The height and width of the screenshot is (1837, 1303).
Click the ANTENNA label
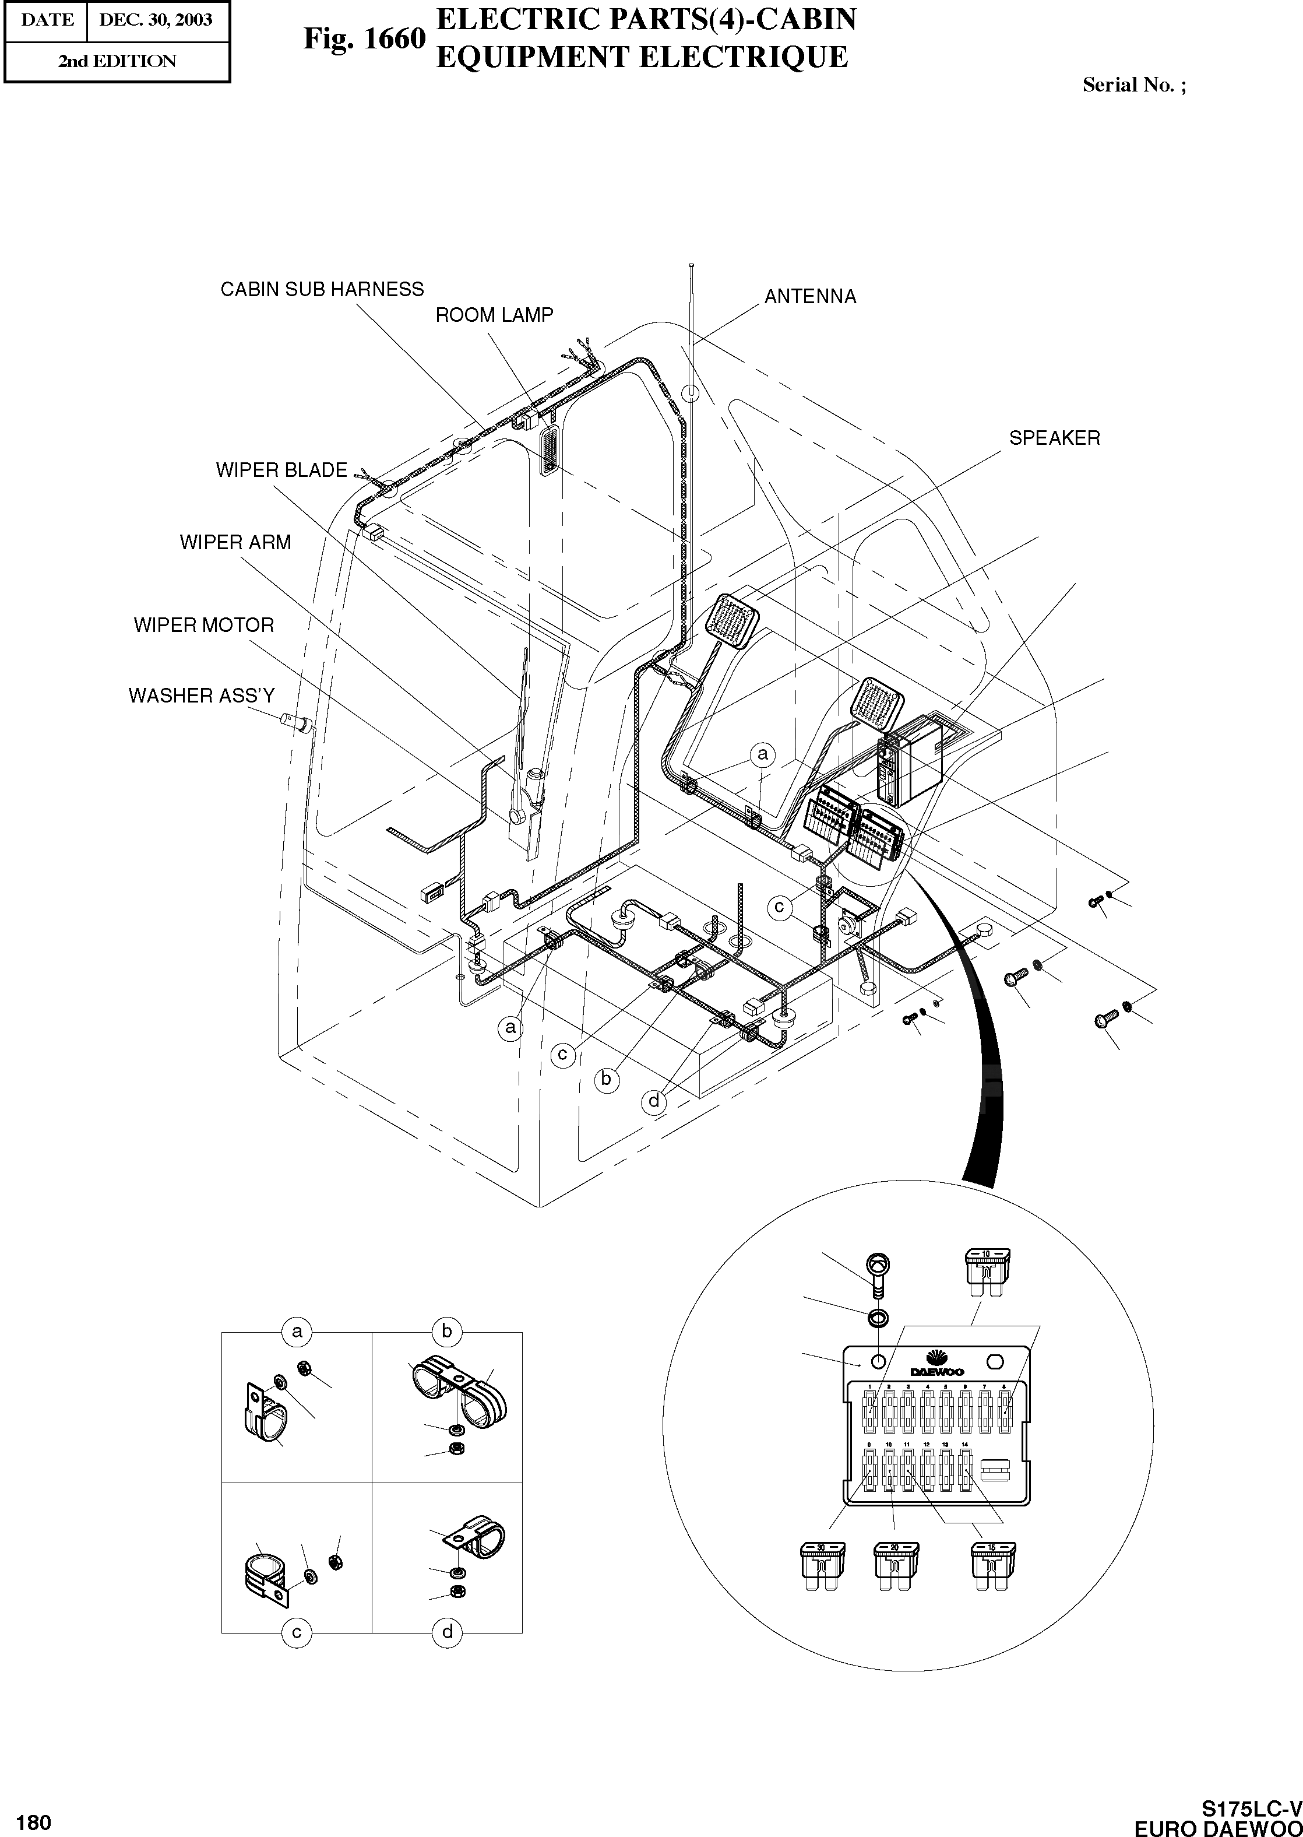point(809,297)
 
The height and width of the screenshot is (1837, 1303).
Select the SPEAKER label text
point(1054,438)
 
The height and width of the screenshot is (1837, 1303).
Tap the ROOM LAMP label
point(494,315)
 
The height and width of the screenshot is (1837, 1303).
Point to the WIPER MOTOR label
point(204,625)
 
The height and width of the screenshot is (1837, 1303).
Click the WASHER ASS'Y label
point(202,696)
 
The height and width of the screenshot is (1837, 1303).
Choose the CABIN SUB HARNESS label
point(322,290)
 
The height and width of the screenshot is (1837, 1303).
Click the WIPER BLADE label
point(281,470)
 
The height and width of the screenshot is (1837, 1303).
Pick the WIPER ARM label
point(235,543)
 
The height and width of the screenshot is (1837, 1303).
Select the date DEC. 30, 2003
point(156,20)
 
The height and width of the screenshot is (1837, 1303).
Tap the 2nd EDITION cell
point(117,62)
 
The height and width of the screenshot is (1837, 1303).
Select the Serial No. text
point(1133,85)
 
